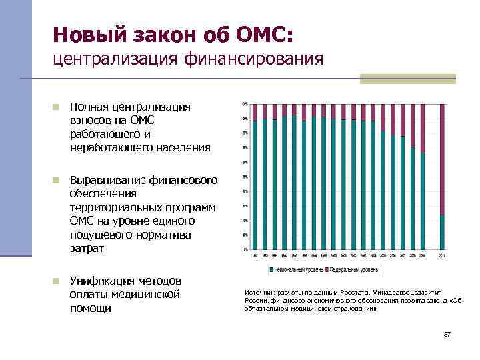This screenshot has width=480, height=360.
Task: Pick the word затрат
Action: click(x=87, y=248)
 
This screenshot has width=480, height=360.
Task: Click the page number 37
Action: click(x=447, y=334)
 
